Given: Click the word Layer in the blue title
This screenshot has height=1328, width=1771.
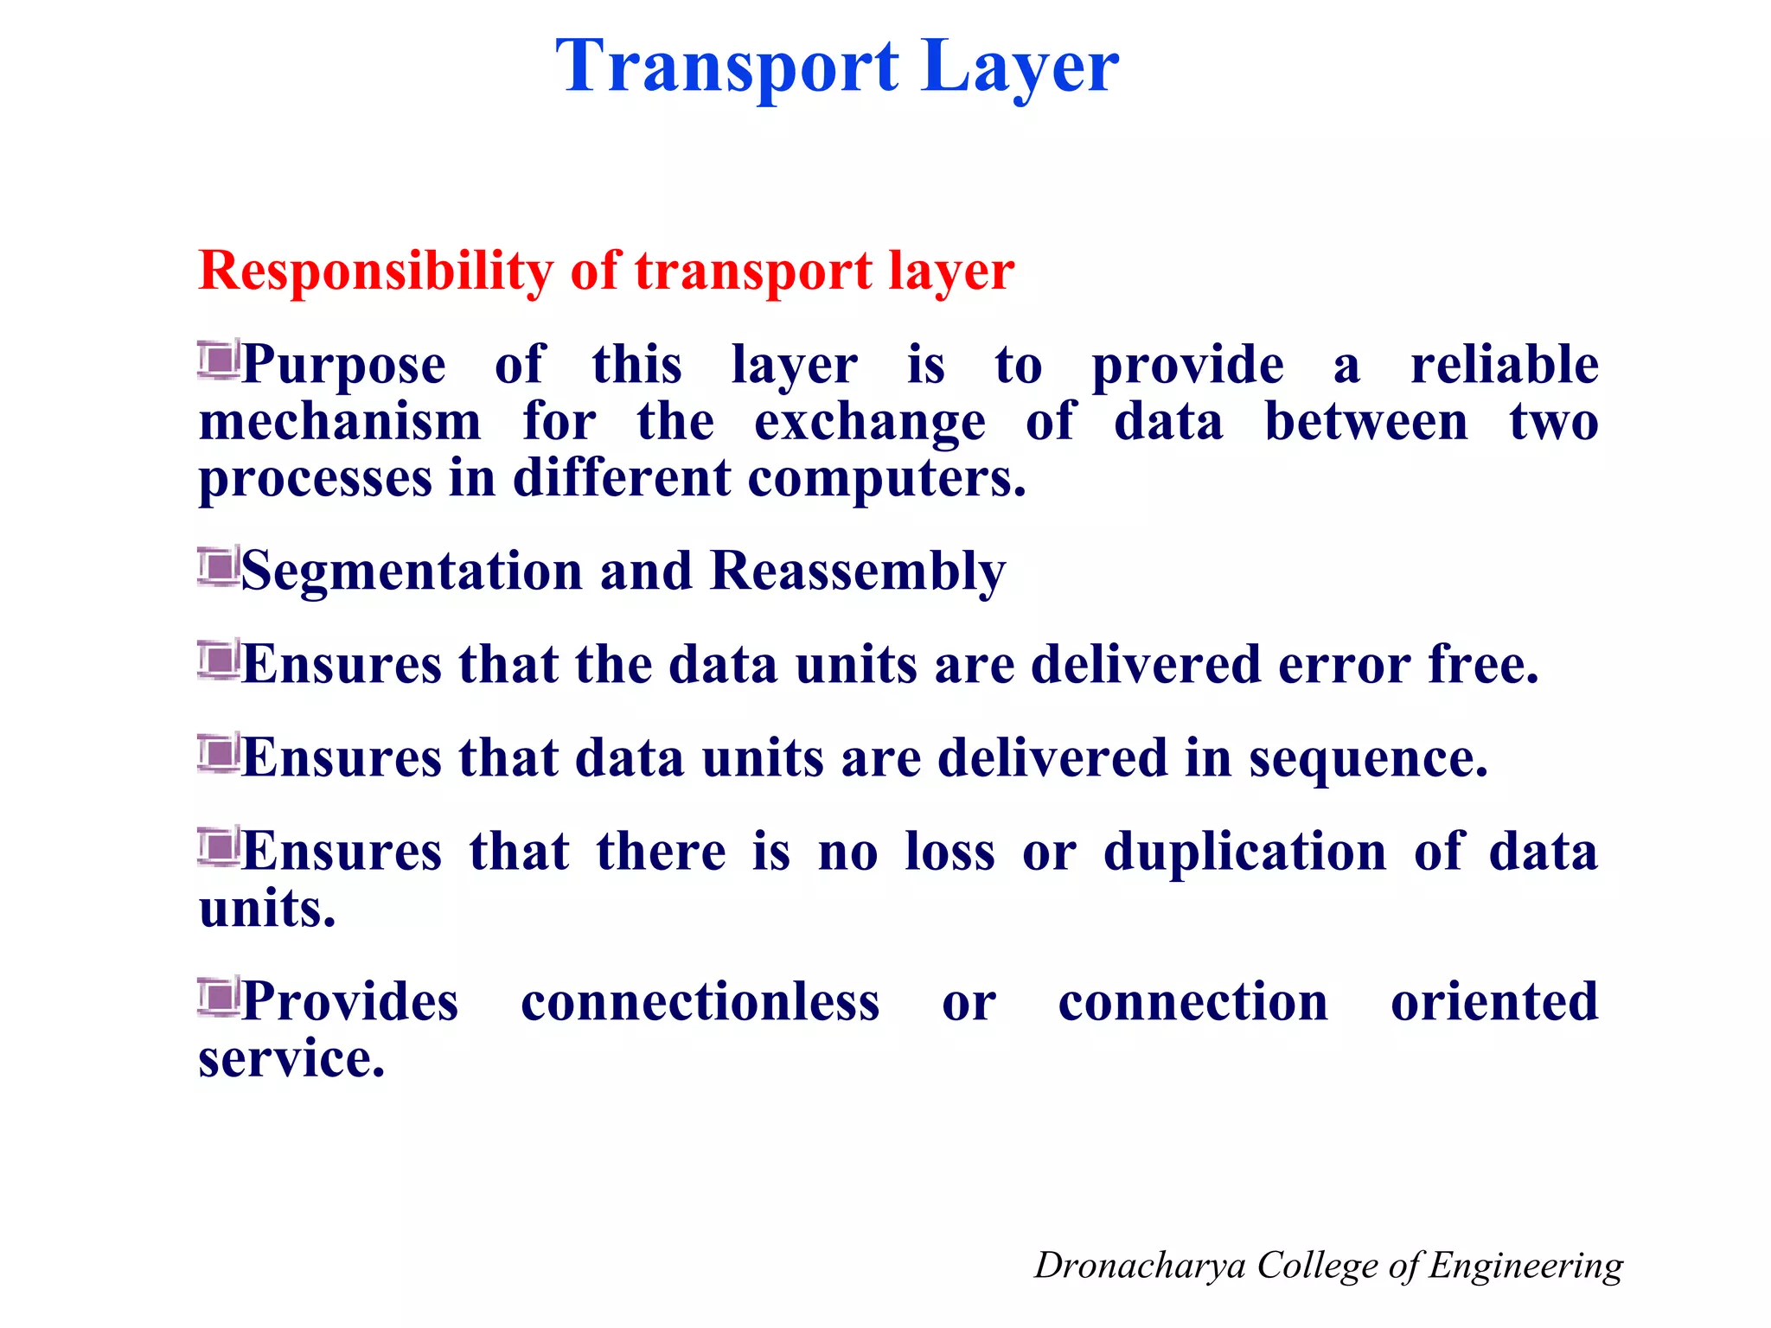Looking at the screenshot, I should pos(1020,67).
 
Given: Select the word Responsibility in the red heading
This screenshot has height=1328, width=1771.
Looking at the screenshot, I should pos(375,271).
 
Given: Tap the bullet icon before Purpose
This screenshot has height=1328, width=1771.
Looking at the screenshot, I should pos(218,360).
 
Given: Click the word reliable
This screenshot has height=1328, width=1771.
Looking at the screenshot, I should pos(1504,365).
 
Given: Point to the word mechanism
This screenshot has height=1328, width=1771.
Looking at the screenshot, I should pos(340,422).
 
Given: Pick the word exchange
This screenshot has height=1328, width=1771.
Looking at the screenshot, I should pos(869,424).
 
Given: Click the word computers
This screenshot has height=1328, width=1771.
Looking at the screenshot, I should pos(885,478).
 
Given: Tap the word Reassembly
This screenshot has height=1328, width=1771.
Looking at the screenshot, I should pos(858,572).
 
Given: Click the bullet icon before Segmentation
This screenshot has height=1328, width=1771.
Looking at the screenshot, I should pos(218,566).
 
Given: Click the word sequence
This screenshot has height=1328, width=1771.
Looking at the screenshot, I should pos(1367,759).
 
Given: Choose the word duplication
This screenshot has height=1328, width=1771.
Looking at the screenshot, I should pos(1244,852).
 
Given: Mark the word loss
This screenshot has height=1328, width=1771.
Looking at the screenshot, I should pos(949,852).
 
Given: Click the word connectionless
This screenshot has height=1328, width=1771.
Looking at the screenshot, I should pos(700,1003).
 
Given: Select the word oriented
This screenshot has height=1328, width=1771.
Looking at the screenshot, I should pos(1493,1003).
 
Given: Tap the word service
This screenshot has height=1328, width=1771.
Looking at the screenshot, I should pos(291,1059).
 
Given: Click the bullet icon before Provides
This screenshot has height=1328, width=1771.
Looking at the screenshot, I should pos(218,997).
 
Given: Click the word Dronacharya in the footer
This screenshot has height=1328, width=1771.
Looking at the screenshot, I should pos(1139,1266).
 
